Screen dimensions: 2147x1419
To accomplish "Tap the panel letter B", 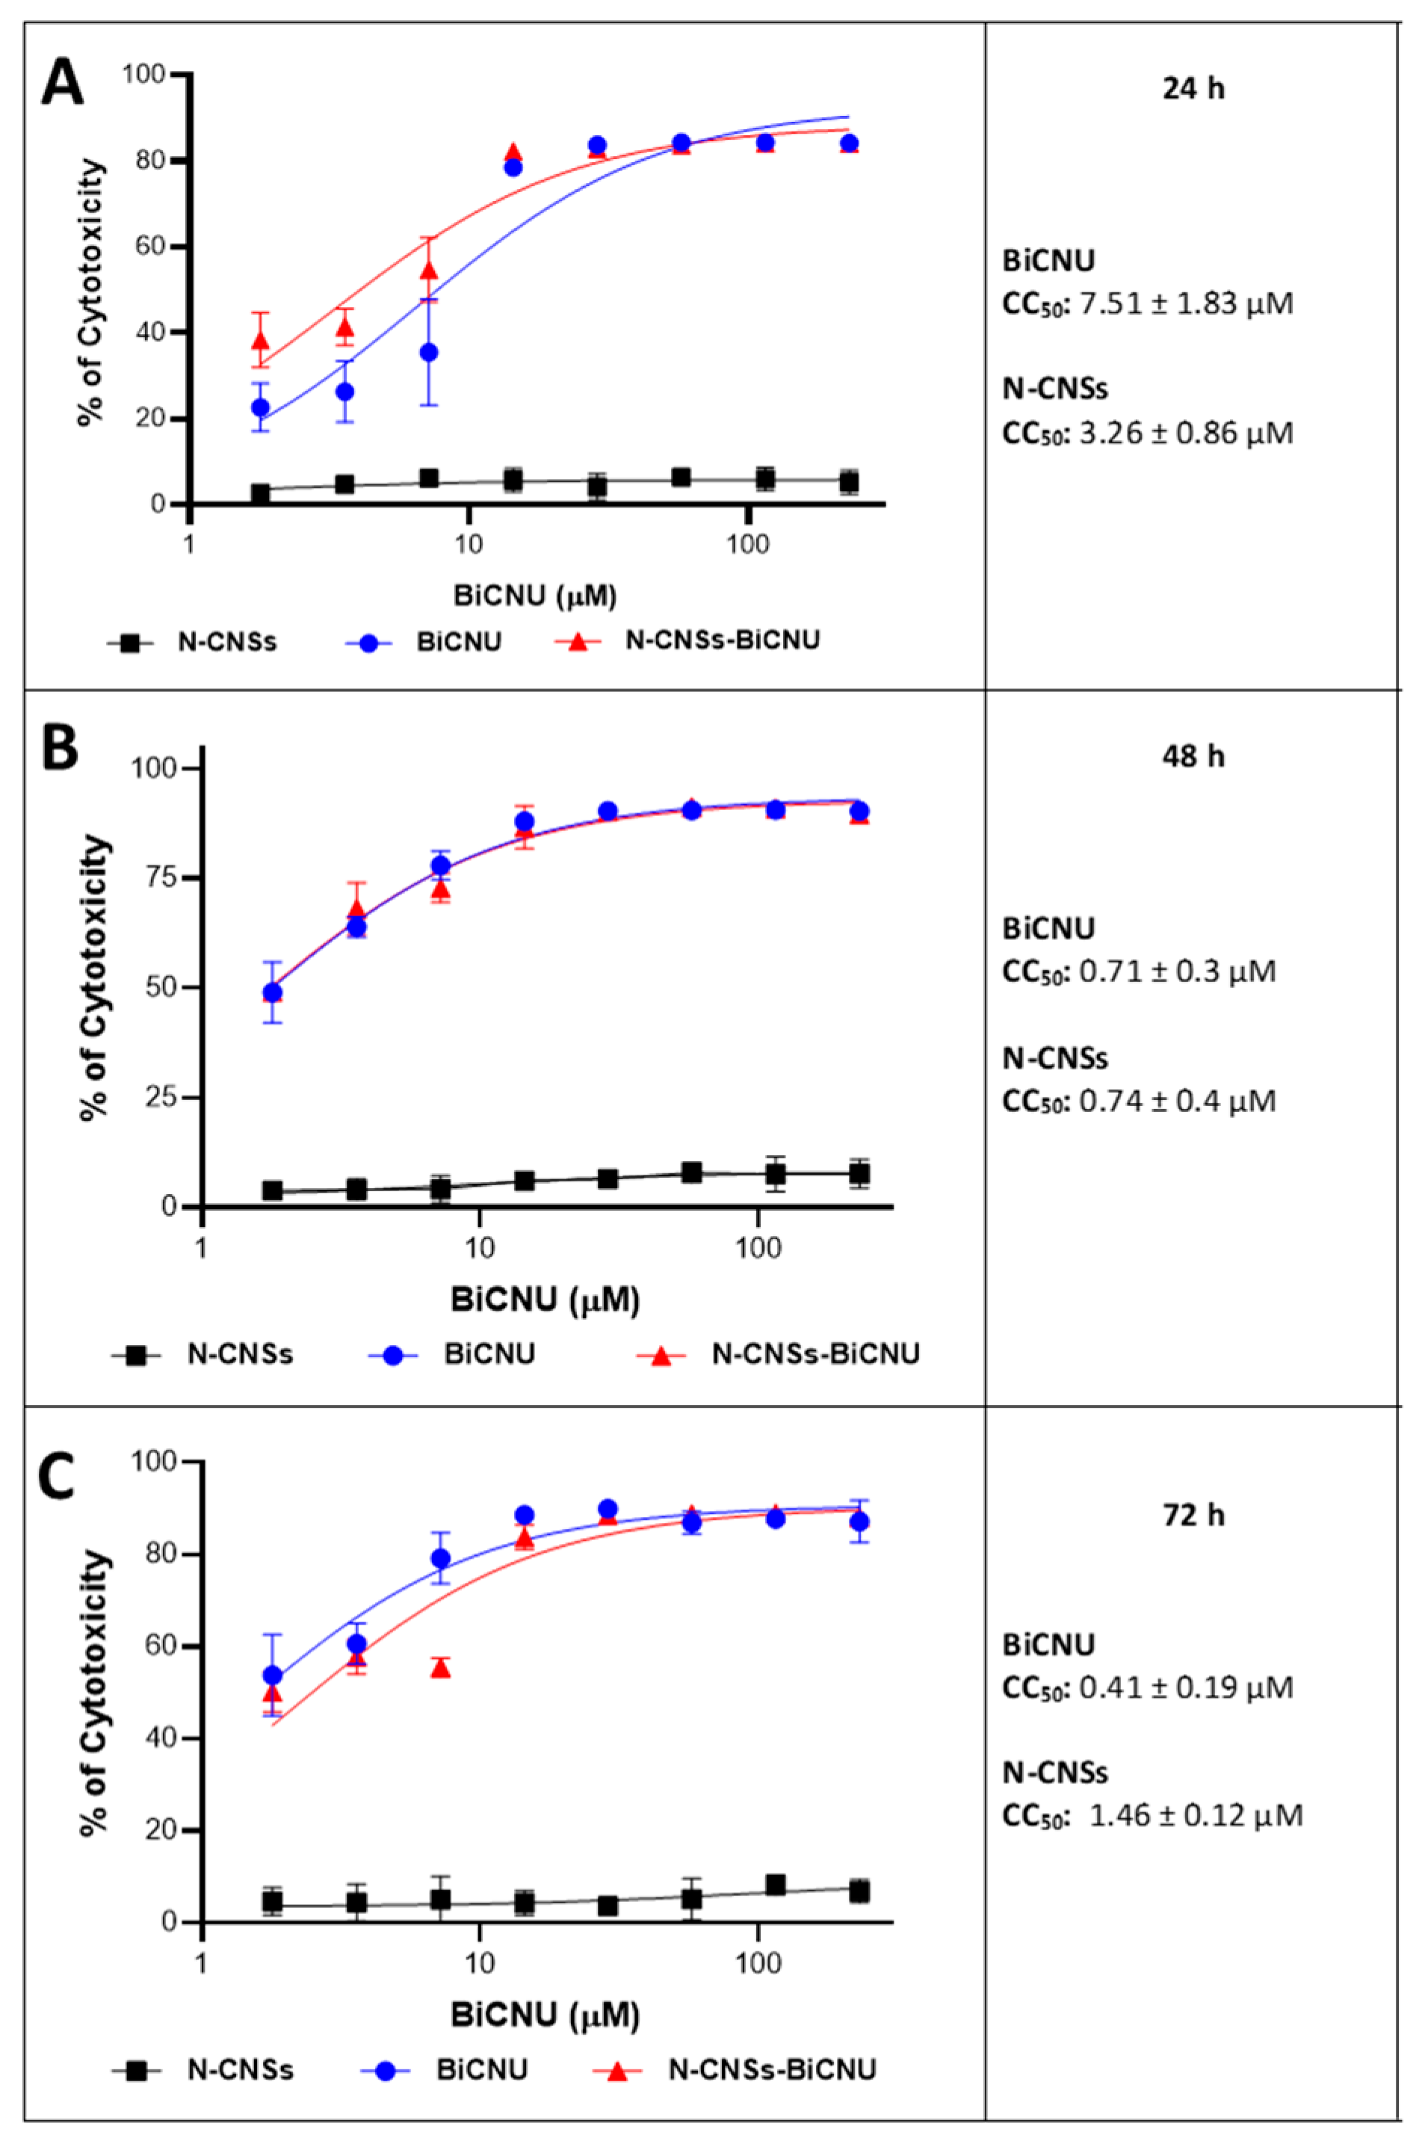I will (x=60, y=750).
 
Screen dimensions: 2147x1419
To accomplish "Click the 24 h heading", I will (x=1193, y=90).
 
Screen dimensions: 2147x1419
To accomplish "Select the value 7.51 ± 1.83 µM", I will (x=1187, y=303).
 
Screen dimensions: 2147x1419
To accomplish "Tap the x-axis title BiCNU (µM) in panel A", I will (x=535, y=596).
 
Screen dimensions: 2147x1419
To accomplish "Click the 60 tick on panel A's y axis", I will (x=149, y=247).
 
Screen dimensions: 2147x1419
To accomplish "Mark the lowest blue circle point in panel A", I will (x=261, y=407).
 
